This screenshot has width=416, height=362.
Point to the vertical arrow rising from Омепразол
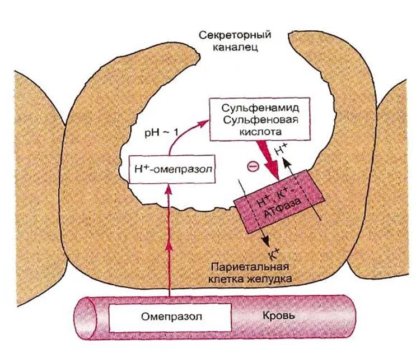[169, 241]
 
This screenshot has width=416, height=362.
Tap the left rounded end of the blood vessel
[82, 318]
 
